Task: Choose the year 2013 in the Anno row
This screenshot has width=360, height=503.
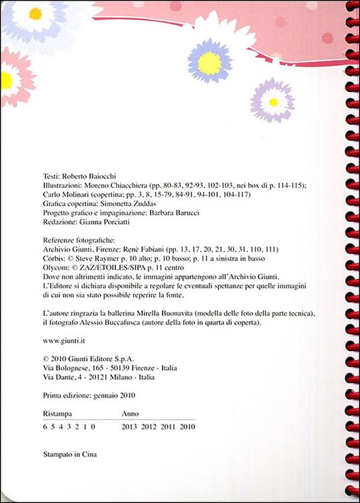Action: click(x=130, y=426)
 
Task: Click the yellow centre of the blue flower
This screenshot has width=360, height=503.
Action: click(x=210, y=62)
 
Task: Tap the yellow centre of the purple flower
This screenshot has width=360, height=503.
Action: click(x=273, y=102)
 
